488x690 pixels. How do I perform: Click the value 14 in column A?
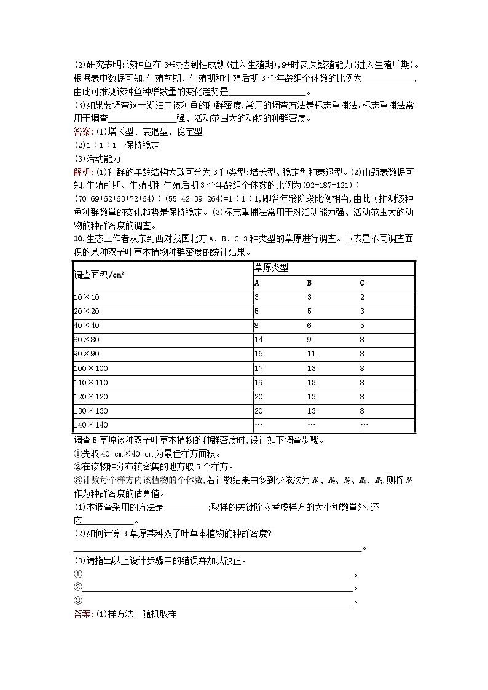point(258,339)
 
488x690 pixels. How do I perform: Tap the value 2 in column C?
point(363,297)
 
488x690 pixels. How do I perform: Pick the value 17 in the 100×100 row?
point(258,369)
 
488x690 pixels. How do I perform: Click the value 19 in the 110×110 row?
point(258,383)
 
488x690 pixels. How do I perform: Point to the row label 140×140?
point(90,425)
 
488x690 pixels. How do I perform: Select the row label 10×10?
point(86,297)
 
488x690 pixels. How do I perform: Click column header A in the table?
point(257,283)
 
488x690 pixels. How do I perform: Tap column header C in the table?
point(363,283)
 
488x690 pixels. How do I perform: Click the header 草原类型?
point(271,268)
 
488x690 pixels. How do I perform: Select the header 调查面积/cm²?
point(98,275)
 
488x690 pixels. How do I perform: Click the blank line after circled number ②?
point(218,587)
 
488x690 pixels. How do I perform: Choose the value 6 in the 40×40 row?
point(309,326)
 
